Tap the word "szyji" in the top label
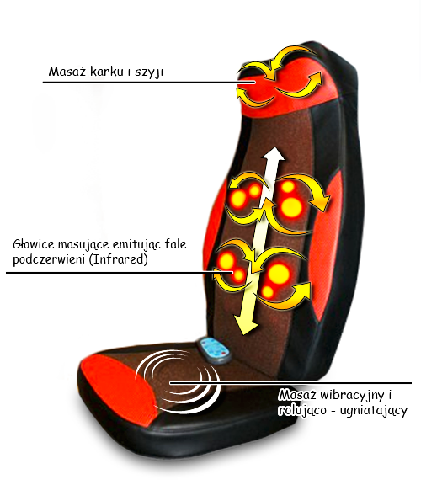pyautogui.click(x=149, y=72)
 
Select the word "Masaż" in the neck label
pyautogui.click(x=67, y=71)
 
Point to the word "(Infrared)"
pyautogui.click(x=118, y=259)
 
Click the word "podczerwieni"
pyautogui.click(x=49, y=259)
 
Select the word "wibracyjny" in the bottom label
pyautogui.click(x=352, y=396)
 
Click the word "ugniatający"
pyautogui.click(x=374, y=411)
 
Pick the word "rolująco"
pyautogui.click(x=302, y=410)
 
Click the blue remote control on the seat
pyautogui.click(x=214, y=350)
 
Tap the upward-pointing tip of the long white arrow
pyautogui.click(x=274, y=147)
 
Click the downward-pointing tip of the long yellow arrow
pyautogui.click(x=245, y=334)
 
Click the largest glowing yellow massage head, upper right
pyautogui.click(x=292, y=206)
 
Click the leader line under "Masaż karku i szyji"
pyautogui.click(x=149, y=83)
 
